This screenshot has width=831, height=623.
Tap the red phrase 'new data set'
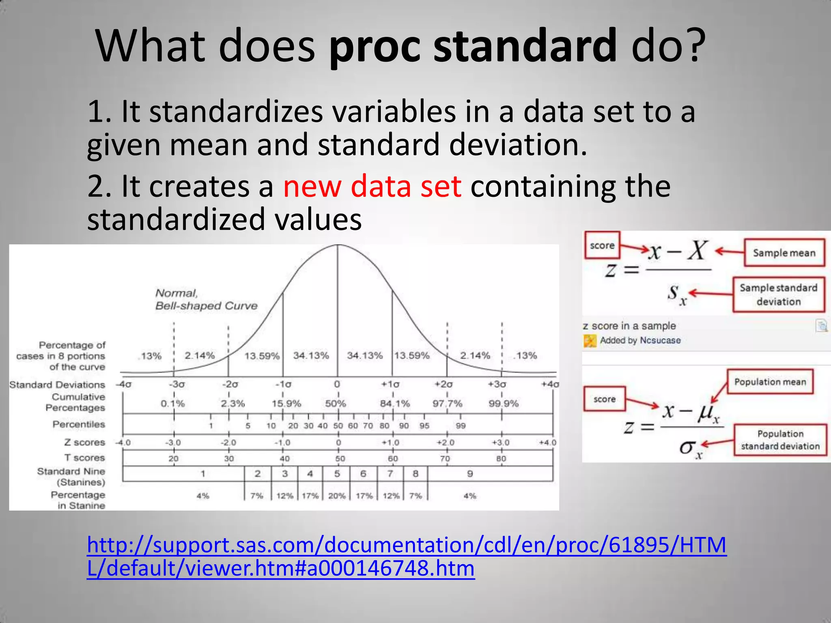point(372,187)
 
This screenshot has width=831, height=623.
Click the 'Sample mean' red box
point(784,253)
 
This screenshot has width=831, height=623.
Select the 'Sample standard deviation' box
point(778,295)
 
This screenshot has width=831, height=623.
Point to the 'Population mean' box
point(770,382)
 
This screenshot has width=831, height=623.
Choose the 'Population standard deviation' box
point(780,440)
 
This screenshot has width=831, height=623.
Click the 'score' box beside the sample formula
point(602,245)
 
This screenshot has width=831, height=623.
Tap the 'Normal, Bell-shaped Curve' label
point(206,299)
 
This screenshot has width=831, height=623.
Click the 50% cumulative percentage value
point(336,404)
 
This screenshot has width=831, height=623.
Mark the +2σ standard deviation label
point(444,384)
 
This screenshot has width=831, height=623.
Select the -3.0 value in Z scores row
point(173,443)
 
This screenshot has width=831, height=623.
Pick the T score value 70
point(445,459)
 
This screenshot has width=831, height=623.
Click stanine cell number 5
point(337,474)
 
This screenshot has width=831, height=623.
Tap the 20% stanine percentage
point(337,496)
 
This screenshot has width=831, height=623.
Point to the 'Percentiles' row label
point(79,424)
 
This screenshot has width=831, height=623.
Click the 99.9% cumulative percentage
point(504,404)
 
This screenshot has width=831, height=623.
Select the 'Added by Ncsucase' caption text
point(640,340)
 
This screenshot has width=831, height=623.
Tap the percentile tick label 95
point(424,426)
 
